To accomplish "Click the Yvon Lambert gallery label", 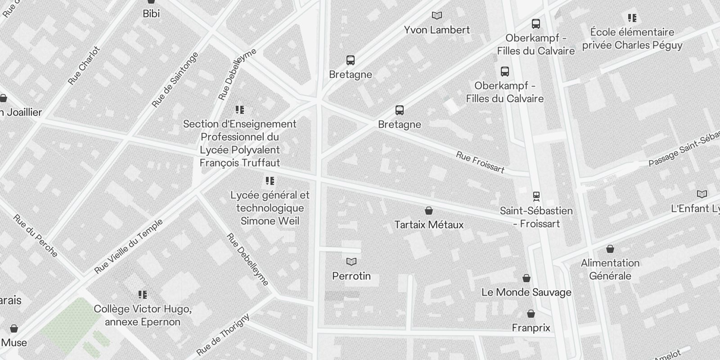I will click(436, 30).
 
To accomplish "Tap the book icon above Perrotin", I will click(351, 261).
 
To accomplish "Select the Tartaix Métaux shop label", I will click(429, 225).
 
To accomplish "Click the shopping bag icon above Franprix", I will click(531, 314).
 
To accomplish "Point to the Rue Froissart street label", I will click(480, 162).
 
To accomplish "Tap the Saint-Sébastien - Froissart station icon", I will click(536, 196).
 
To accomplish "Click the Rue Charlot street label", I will click(84, 66).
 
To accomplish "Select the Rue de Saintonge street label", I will click(175, 80).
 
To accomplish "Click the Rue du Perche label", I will click(35, 236).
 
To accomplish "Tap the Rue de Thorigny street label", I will click(223, 335).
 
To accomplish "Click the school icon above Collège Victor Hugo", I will click(143, 295).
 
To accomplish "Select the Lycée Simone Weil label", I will click(270, 208).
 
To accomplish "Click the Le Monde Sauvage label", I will click(526, 292).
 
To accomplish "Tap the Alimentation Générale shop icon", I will click(610, 249).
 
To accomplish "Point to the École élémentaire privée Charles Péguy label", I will click(632, 39).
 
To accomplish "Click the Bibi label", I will click(151, 13).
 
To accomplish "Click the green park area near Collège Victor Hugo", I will click(70, 322).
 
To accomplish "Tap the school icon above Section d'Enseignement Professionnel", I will click(240, 110).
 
